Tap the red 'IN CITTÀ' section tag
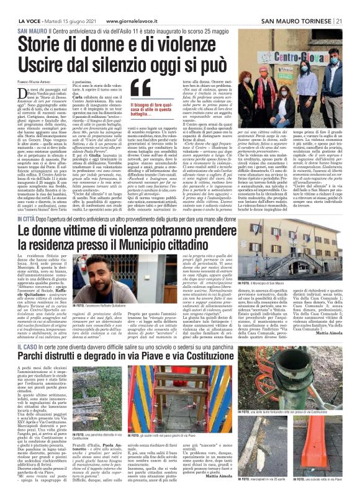point(28,201)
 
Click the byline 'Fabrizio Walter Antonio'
point(32,81)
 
